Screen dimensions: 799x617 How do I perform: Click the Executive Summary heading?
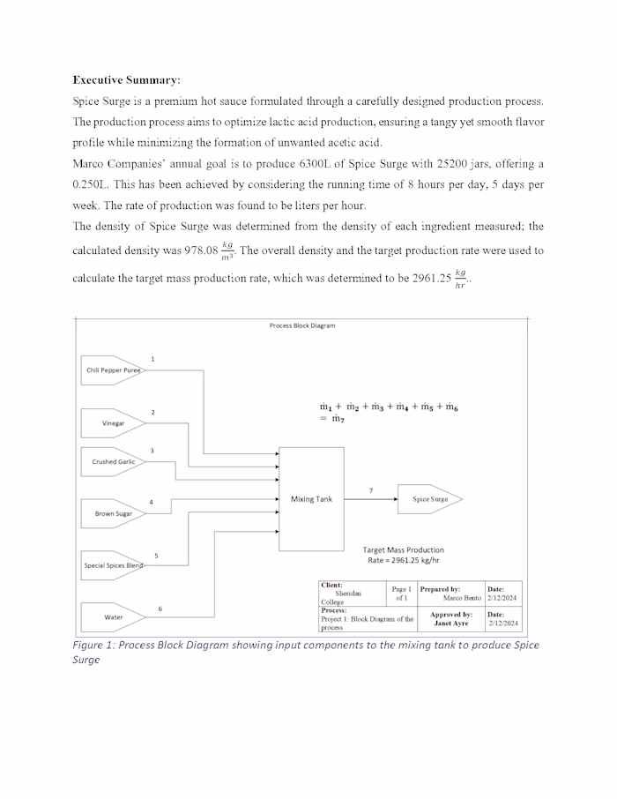click(x=126, y=79)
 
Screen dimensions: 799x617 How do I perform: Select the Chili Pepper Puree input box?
click(x=113, y=371)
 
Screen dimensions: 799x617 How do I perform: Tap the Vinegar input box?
click(x=113, y=423)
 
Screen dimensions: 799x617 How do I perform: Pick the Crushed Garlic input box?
click(x=113, y=462)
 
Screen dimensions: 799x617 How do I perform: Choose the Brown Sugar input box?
click(x=113, y=513)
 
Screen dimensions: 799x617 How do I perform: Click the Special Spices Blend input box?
click(x=113, y=565)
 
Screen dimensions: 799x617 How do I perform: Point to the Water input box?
click(x=113, y=617)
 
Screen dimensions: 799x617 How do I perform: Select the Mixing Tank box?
click(x=312, y=499)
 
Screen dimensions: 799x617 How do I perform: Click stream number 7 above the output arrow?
click(x=370, y=489)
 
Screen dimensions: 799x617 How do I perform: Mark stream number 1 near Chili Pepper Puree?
click(x=152, y=359)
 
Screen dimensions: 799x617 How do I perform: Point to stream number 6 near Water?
click(x=160, y=609)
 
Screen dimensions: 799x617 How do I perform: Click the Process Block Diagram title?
click(x=301, y=325)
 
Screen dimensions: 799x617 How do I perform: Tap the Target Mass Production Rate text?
click(x=403, y=555)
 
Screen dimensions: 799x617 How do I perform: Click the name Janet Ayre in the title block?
click(x=450, y=624)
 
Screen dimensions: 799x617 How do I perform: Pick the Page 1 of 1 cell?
click(x=401, y=594)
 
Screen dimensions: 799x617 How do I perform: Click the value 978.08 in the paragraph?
click(x=199, y=250)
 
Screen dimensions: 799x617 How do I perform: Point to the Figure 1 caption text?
click(x=305, y=652)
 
